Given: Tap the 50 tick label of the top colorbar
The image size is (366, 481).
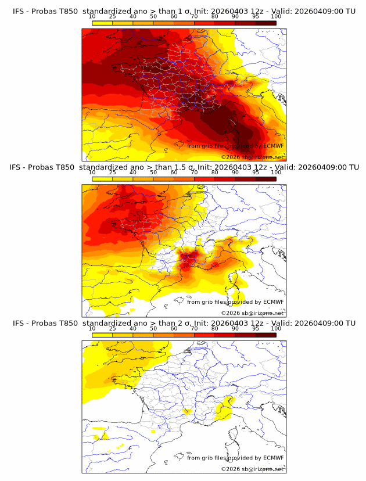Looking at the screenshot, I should [x=153, y=16].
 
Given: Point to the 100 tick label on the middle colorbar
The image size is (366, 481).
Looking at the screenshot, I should [x=276, y=173].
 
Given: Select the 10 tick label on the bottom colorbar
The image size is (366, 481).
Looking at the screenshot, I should [x=92, y=329].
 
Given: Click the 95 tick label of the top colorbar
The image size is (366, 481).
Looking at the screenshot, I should [x=256, y=16].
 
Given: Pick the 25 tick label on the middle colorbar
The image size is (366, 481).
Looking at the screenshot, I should [x=112, y=173].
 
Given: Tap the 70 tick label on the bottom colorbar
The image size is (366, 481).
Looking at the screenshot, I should [x=194, y=329].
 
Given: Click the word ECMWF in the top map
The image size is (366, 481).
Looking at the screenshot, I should [x=273, y=146].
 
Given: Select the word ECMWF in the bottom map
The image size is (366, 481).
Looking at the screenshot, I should [x=273, y=458].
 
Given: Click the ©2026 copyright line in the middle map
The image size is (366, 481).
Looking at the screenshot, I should [x=252, y=313].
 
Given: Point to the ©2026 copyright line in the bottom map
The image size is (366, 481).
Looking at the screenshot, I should [x=252, y=469].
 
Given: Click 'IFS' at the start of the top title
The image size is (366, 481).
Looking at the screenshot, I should [x=19, y=11].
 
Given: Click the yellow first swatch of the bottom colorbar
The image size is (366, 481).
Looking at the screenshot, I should [x=102, y=335].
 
